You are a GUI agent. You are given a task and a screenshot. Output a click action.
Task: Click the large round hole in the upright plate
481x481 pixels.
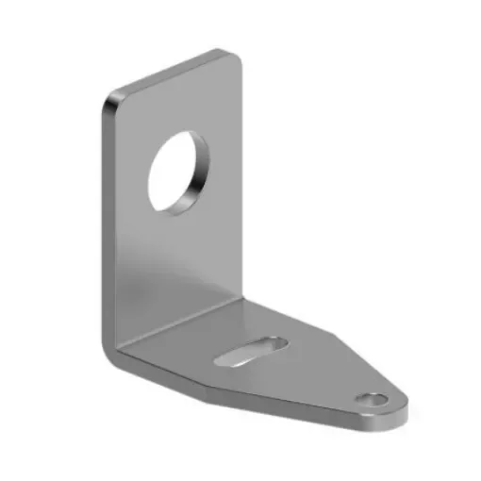178,172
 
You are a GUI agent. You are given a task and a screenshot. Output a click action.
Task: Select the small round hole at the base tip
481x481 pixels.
374,400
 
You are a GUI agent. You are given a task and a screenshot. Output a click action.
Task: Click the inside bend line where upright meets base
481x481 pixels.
179,325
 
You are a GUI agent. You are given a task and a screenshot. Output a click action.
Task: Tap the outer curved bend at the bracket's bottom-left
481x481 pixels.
110,354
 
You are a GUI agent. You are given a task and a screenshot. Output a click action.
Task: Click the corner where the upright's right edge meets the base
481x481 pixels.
243,300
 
